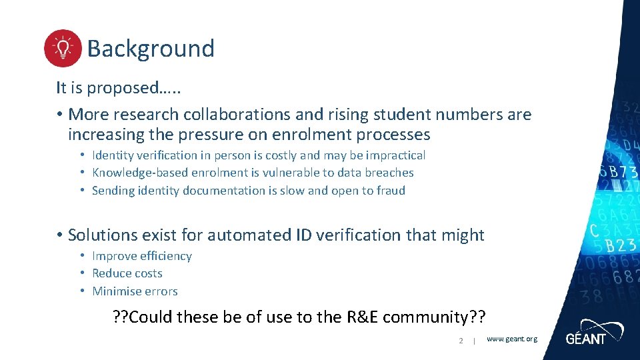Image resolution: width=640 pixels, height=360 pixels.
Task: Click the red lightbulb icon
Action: pos(63,48)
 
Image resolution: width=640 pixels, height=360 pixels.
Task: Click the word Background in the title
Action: pos(151,49)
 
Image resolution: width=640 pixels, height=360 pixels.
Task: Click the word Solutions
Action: pos(103,235)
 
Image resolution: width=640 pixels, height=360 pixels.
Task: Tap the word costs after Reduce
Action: pos(146,273)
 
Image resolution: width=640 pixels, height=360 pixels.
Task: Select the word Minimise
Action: pos(117,291)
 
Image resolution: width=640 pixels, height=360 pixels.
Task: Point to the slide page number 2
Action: pos(461,341)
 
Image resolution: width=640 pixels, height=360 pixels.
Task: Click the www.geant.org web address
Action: pos(511,339)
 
